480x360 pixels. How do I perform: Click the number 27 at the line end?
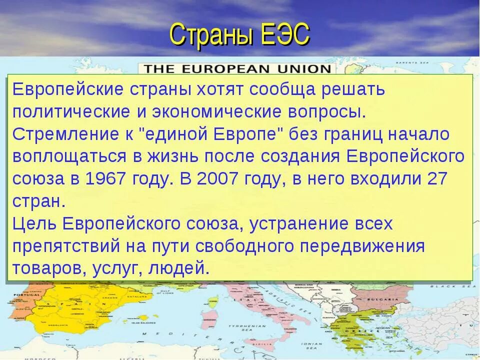tap(437, 179)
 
